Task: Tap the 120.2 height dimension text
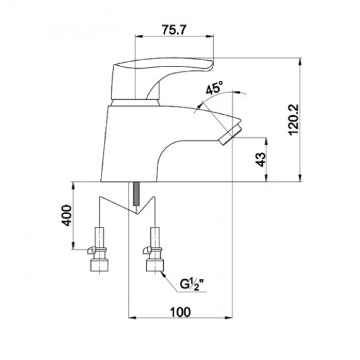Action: point(294,119)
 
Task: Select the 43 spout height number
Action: point(261,159)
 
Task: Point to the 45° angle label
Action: point(214,87)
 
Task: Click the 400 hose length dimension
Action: point(67,216)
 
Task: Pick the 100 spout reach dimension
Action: point(180,311)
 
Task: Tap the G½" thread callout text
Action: point(192,285)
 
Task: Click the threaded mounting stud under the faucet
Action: point(136,193)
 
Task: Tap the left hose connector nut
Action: point(99,265)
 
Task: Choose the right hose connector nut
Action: point(155,265)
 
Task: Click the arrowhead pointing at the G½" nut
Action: point(164,274)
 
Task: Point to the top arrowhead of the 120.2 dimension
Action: point(300,62)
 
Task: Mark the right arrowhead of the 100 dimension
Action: point(228,318)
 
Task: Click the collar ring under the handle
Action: point(135,103)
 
